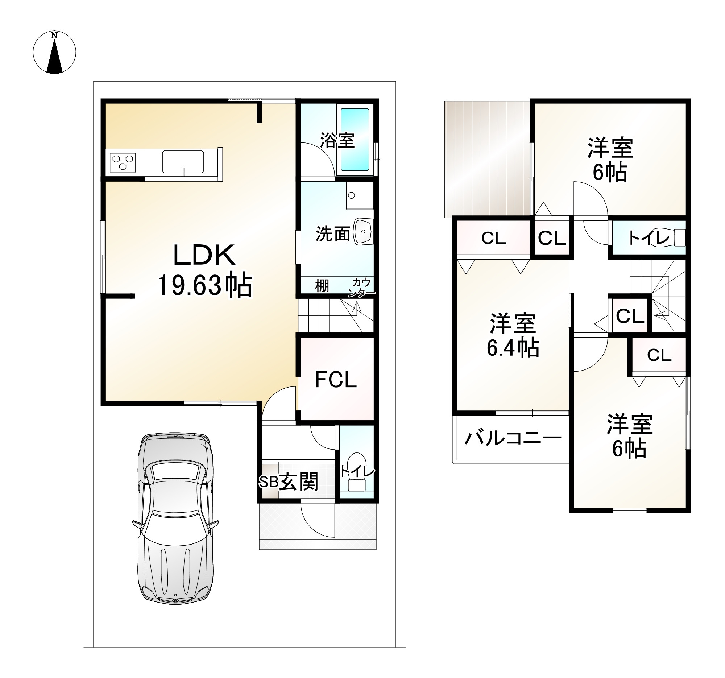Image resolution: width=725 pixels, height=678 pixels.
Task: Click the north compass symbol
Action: pos(54,52)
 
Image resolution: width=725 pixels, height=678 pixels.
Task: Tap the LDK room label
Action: pos(204,255)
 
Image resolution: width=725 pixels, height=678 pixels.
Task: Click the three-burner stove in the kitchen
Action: pos(123,162)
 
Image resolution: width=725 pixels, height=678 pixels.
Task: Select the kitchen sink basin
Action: pos(183,162)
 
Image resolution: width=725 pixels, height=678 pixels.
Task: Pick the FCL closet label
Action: pos(336,380)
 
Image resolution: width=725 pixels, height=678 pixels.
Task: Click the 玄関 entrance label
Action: pos(299,481)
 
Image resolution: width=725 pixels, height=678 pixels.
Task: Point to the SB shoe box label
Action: pos(269,482)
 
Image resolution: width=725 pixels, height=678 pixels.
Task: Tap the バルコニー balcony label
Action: pos(512,438)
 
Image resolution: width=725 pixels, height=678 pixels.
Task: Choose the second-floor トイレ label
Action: pos(649,238)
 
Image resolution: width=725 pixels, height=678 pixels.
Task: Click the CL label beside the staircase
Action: pos(630,316)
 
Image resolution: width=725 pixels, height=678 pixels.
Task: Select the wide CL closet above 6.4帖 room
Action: pos(493,238)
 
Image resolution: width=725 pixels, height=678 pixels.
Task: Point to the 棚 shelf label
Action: pos(322,286)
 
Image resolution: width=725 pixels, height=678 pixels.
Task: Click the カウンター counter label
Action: pos(361,288)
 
